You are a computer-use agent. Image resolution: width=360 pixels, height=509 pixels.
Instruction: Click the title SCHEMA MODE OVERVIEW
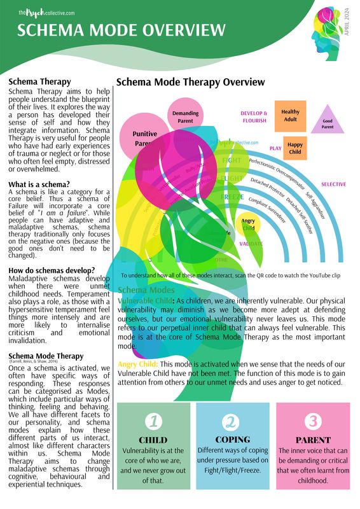pos(121,30)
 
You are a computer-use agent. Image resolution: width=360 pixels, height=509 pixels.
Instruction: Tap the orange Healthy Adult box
pos(290,116)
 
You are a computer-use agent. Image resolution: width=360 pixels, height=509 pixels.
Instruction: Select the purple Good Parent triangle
pos(328,122)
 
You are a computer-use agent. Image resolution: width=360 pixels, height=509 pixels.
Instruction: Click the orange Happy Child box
pos(294,148)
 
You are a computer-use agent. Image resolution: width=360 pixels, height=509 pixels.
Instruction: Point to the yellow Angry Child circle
pos(249,225)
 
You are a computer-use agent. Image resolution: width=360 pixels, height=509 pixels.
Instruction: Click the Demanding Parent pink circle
pos(185,117)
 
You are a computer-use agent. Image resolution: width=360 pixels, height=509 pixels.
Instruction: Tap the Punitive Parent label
pos(145,139)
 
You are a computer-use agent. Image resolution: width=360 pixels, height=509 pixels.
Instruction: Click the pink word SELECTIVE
pos(333,185)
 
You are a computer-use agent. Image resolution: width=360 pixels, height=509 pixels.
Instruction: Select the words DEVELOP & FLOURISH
pos(254,116)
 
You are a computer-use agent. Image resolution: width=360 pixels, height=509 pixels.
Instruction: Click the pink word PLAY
pos(275,148)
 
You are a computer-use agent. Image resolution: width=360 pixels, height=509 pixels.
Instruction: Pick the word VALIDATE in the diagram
pos(251,244)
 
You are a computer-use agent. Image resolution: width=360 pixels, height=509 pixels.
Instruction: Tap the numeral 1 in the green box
pos(153,421)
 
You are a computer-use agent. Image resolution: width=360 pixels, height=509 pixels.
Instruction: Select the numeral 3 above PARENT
pos(312,421)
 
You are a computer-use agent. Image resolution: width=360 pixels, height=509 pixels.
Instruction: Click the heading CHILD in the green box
pos(153,440)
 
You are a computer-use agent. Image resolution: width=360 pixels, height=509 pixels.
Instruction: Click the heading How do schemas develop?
pos(52,270)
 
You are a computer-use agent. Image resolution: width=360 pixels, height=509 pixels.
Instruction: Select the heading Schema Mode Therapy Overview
pos(191,82)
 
